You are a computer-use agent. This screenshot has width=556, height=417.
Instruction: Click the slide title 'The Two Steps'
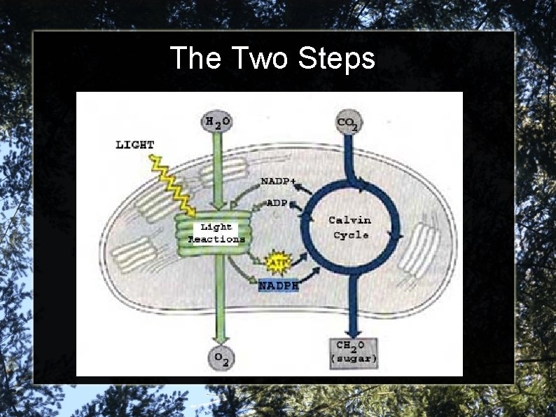tap(272, 58)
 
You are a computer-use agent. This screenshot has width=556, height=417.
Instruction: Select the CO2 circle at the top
tap(348, 124)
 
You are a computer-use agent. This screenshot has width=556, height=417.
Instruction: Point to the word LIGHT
tap(135, 145)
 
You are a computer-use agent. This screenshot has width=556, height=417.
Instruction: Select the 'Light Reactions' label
tap(216, 233)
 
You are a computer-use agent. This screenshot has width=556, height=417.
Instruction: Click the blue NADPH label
tap(279, 286)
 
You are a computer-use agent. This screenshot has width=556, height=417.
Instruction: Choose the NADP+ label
tap(278, 181)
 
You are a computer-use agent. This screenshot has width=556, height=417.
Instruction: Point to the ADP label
tap(277, 203)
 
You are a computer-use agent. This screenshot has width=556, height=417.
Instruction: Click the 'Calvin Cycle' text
tap(351, 227)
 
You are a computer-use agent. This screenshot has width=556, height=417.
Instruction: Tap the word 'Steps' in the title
tap(336, 58)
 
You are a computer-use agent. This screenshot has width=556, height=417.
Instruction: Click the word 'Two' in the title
tap(258, 58)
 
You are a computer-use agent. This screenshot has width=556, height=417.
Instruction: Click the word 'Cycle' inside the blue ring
tap(351, 235)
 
